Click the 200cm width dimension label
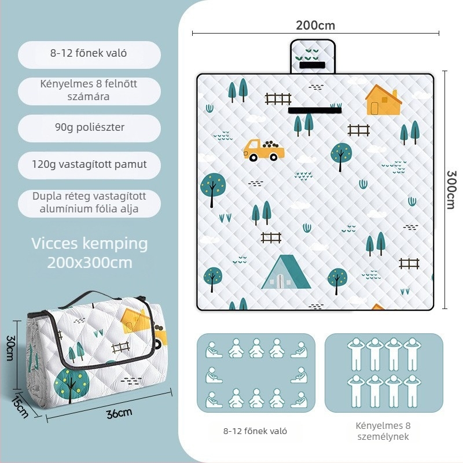315,25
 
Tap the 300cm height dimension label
451,190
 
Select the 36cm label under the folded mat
119,413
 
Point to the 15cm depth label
20,407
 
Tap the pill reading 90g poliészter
90,128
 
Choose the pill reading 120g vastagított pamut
90,165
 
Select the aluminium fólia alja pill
90,203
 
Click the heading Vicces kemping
90,244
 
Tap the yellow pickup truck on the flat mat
264,150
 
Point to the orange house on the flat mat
383,100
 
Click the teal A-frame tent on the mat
286,272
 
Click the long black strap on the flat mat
315,111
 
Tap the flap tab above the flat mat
313,56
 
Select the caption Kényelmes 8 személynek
383,431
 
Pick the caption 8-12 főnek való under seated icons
255,431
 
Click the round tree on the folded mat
72,384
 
